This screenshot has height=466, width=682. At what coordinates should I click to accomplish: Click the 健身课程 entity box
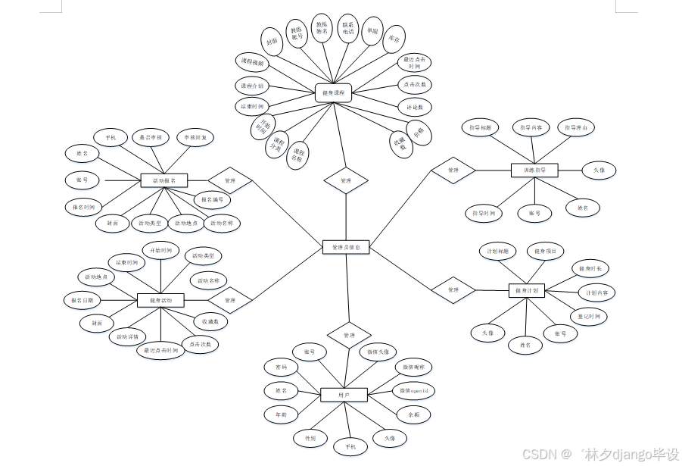coord(333,94)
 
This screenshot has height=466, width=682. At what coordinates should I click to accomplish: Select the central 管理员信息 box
coord(345,247)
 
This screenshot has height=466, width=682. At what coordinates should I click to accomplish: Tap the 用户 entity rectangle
coord(343,395)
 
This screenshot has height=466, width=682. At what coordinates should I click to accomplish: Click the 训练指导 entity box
coord(534,170)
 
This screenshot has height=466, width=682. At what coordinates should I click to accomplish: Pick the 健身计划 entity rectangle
coord(526,290)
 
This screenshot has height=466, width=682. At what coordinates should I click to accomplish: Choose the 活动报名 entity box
coord(163,180)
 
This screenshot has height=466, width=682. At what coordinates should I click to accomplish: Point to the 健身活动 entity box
coord(160,301)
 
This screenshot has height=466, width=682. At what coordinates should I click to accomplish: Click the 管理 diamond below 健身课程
coord(346,181)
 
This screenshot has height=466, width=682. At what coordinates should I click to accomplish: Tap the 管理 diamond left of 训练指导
coord(453,170)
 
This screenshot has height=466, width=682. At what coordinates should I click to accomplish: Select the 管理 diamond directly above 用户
coord(348,335)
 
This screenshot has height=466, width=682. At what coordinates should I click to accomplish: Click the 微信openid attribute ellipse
coord(414,391)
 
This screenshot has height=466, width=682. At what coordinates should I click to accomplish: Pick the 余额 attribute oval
coord(413,414)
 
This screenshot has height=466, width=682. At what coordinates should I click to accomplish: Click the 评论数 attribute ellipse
coord(415,107)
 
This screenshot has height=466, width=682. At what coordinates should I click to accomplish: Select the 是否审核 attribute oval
coord(150,138)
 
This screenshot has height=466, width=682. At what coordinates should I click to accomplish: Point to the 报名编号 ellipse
coord(212,200)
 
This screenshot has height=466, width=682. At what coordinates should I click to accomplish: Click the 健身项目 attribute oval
coord(545,251)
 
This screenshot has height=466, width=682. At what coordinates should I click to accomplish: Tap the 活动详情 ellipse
coord(127,336)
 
